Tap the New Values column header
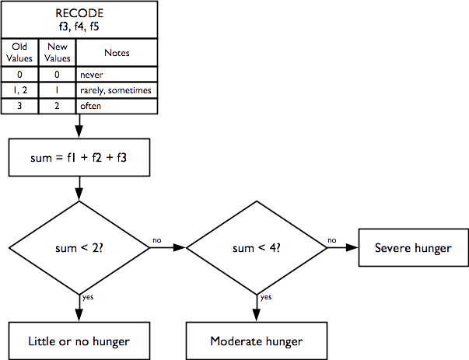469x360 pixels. (58, 53)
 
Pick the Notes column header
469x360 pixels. (116, 53)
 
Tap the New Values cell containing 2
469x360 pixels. (58, 106)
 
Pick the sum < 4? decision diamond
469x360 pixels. (257, 248)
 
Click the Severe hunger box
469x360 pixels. (412, 248)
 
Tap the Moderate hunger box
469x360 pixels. (257, 341)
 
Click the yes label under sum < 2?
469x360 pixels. (88, 296)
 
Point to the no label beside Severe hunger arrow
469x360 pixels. (332, 239)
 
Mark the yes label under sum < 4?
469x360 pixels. (265, 296)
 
